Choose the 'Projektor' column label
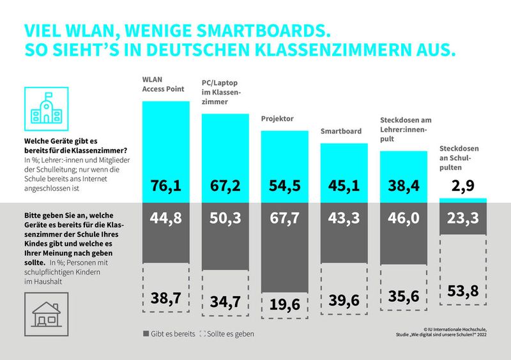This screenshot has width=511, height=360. coord(277,119)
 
